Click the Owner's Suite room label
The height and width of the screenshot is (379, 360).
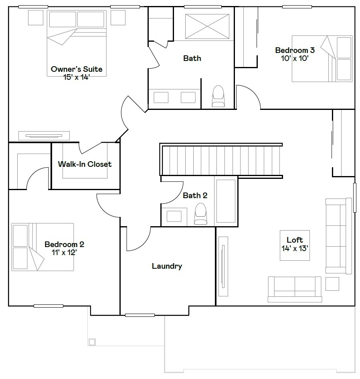pos(76,69)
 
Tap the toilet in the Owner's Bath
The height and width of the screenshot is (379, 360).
pos(218,96)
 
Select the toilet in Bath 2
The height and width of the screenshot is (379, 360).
pos(200,214)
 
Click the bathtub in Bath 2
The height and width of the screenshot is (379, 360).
pos(226,201)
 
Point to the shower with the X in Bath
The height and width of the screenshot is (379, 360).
pos(207,26)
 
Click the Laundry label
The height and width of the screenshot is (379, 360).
pos(167,266)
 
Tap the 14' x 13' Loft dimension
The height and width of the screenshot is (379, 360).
pos(295,248)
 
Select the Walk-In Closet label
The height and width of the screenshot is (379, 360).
pos(85,164)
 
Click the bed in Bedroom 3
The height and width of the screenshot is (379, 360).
pos(322,59)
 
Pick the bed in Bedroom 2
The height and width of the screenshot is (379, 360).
pos(43,247)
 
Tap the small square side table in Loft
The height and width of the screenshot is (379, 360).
pos(332,284)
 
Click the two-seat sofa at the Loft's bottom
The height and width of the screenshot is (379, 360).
pos(295,289)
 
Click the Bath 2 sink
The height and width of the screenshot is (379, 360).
pos(174,216)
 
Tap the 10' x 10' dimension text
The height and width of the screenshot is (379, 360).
pos(295,58)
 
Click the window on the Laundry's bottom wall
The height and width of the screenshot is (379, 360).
pos(140,315)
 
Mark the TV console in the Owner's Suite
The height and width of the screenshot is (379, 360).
pos(44,136)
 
